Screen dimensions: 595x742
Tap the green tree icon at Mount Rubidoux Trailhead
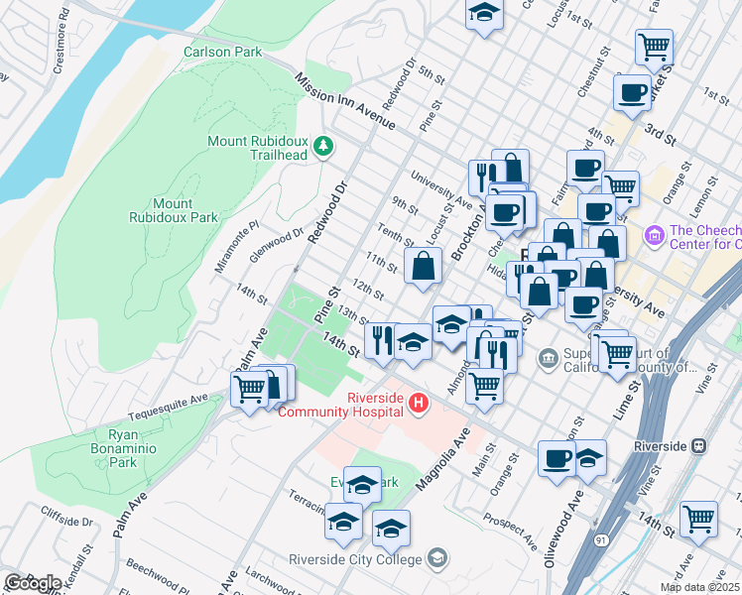(x=322, y=147)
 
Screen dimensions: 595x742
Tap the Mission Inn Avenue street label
(x=345, y=100)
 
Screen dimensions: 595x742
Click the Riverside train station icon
(x=699, y=446)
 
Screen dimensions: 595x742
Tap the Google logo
(x=32, y=583)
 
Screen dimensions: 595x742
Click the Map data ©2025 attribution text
(x=699, y=587)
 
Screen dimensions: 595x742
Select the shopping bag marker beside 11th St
(x=424, y=266)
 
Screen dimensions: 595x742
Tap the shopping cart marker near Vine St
(x=699, y=519)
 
